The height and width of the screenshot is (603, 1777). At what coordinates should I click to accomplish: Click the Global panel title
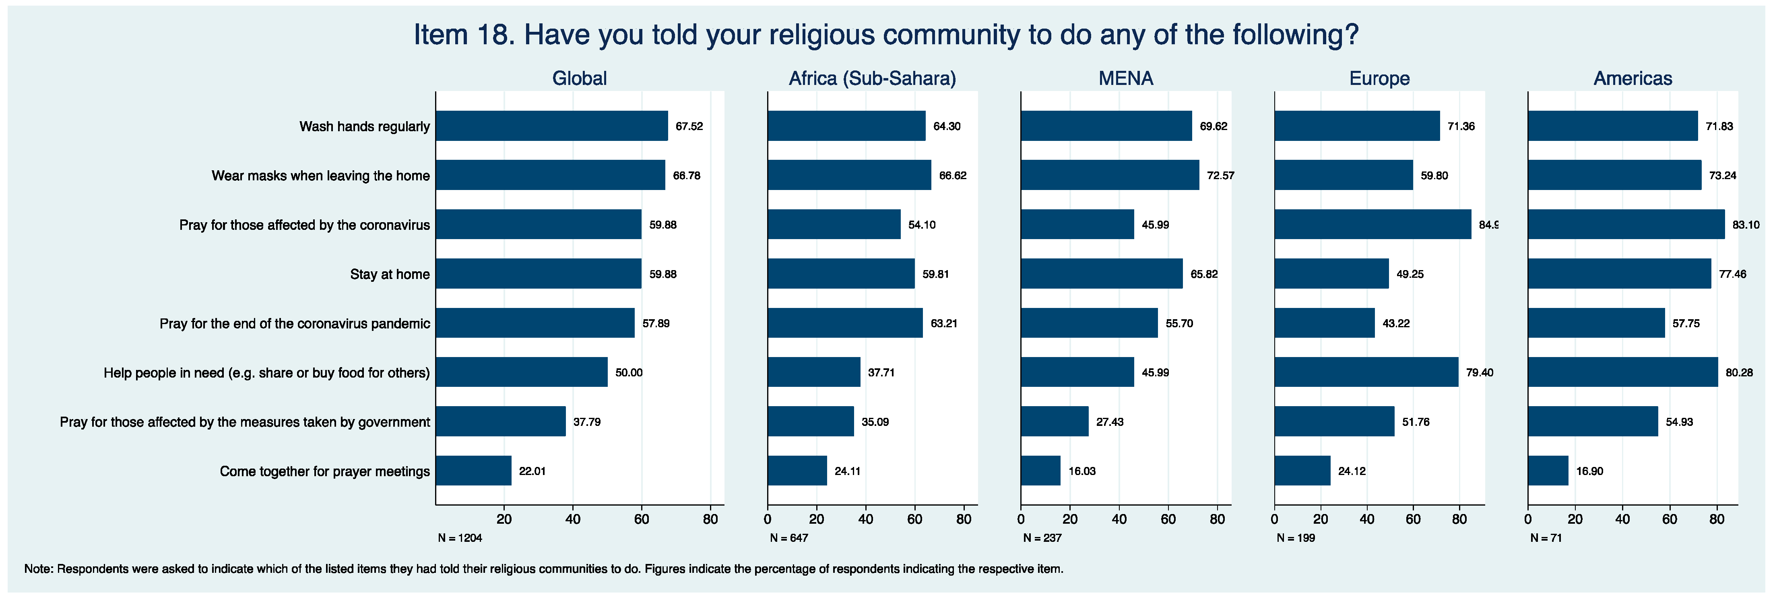coord(580,78)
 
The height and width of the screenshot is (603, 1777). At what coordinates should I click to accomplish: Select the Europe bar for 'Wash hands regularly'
coord(1357,126)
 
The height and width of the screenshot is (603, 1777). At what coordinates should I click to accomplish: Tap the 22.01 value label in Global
coord(532,471)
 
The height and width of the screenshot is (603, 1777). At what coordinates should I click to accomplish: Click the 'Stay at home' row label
coord(390,274)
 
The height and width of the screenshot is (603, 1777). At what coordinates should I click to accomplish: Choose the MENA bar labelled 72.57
coord(1110,175)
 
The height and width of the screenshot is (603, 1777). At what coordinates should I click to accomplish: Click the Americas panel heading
coord(1633,78)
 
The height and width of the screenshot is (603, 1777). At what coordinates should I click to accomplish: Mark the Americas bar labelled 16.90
coord(1548,471)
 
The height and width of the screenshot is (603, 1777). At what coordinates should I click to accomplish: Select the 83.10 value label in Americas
coord(1745,225)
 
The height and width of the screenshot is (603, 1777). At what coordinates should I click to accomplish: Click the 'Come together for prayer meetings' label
coord(325,471)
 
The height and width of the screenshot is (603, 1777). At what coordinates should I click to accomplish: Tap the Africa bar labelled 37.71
coord(814,372)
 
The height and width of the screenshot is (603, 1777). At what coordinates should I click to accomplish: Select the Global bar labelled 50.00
coord(522,372)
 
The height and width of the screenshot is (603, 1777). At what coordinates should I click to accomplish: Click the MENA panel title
coord(1126,78)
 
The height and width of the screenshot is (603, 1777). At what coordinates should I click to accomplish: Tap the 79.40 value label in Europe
coord(1480,373)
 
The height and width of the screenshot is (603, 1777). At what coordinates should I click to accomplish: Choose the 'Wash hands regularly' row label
coord(364,126)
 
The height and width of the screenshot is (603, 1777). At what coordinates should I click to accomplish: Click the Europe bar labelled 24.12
coord(1302,471)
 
